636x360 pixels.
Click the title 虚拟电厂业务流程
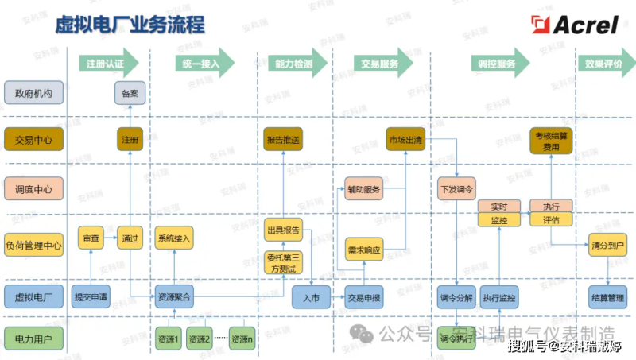point(130,25)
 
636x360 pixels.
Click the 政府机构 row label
point(33,93)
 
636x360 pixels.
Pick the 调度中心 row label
point(33,189)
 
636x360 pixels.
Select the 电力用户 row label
point(33,340)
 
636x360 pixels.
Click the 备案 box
point(130,93)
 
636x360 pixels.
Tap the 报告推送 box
point(283,140)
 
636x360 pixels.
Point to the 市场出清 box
point(405,140)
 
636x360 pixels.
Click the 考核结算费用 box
point(551,141)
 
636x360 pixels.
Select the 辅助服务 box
point(364,190)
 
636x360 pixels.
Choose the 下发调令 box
point(456,190)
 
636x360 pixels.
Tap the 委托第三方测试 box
point(283,263)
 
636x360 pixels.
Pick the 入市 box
point(311,298)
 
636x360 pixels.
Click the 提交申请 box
point(91,298)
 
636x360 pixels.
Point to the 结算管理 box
point(607,298)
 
